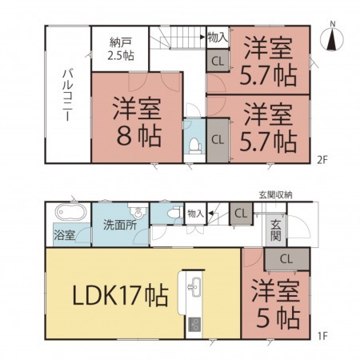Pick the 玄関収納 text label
pos(274,194)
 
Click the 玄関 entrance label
pos(275,229)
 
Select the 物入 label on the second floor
pos(218,37)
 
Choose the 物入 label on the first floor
pos(195,214)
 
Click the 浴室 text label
pos(65,236)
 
